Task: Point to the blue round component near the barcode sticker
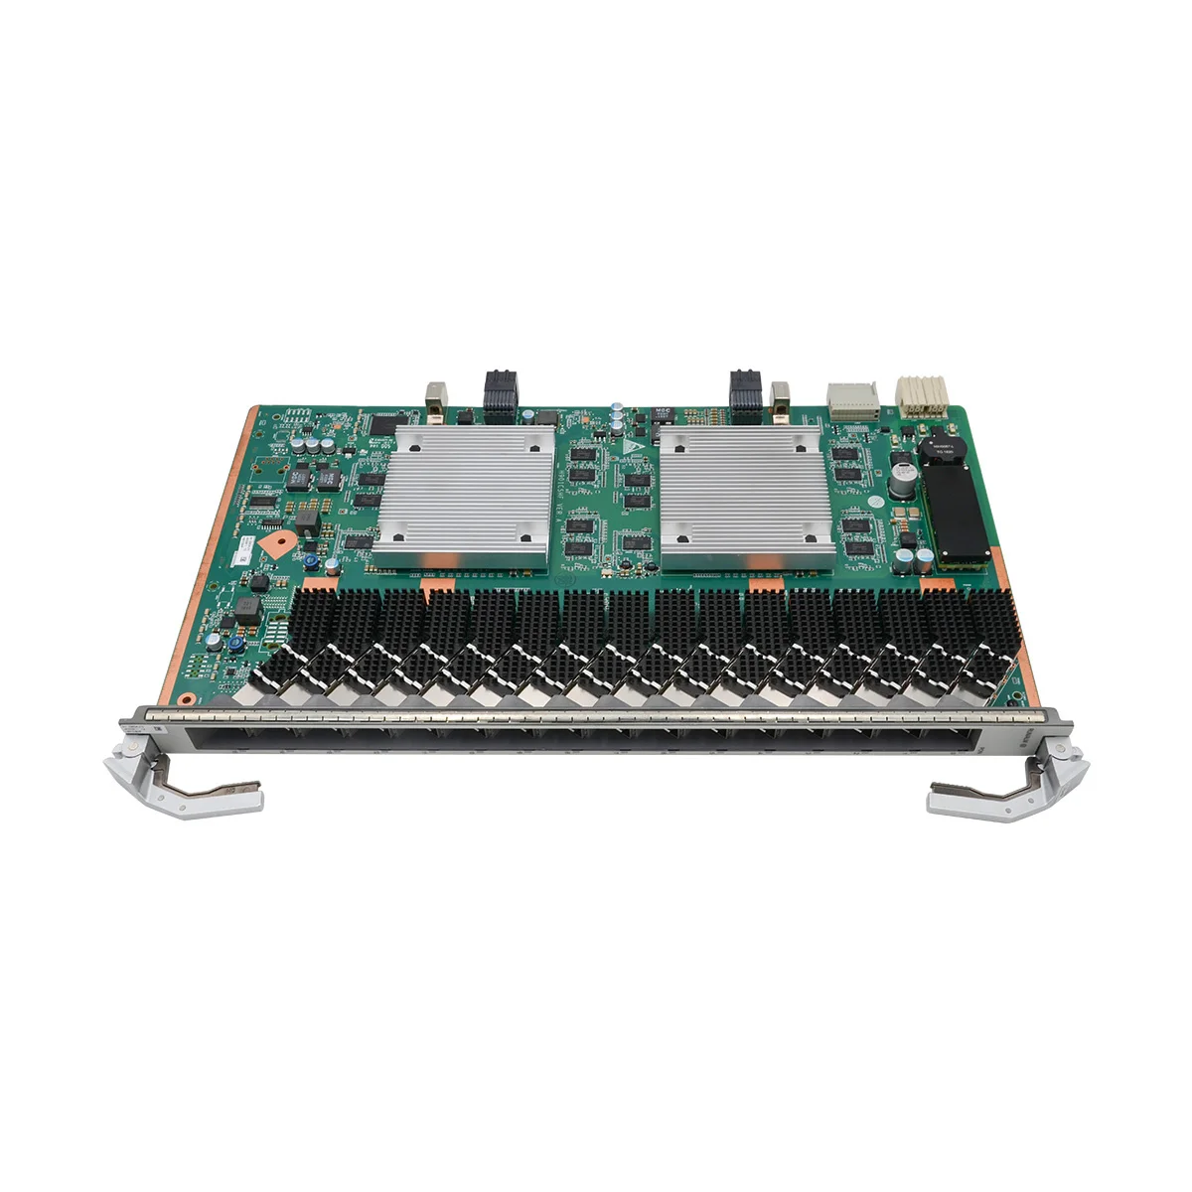point(311,562)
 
